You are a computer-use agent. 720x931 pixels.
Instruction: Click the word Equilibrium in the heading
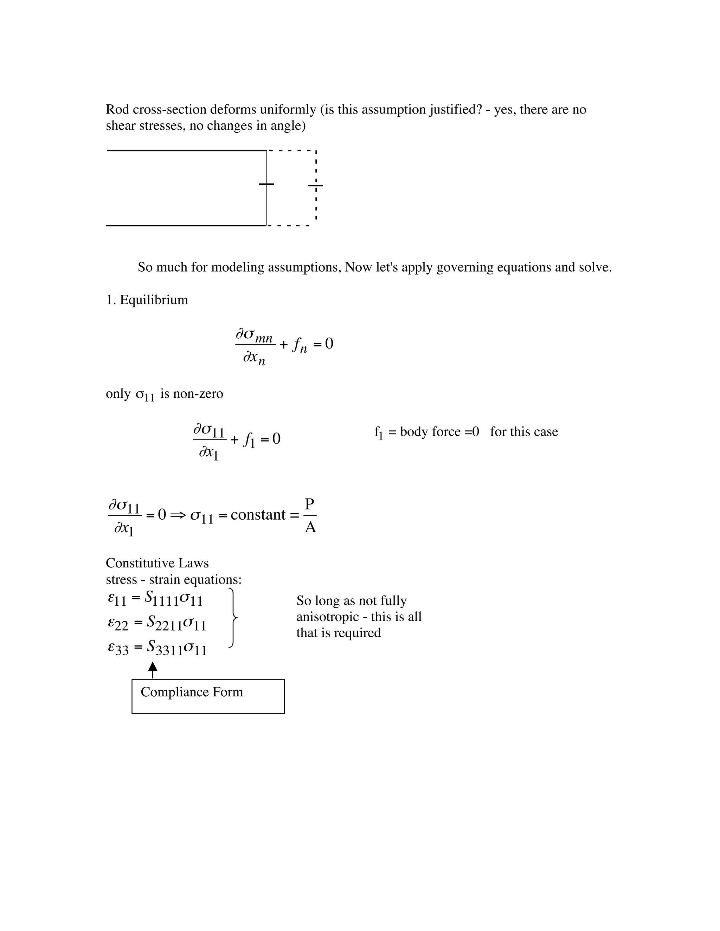pos(154,300)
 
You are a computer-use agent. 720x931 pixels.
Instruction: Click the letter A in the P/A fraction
pos(310,528)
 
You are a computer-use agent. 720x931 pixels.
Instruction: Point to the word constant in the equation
pos(258,515)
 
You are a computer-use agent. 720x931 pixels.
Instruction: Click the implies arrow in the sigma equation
pos(176,515)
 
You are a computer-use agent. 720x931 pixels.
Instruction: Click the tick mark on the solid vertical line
pos(266,184)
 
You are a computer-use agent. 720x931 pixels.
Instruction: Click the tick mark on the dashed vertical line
pos(316,185)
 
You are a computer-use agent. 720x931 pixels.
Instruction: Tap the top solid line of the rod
pos(186,150)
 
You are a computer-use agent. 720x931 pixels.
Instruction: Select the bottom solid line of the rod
pos(186,226)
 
